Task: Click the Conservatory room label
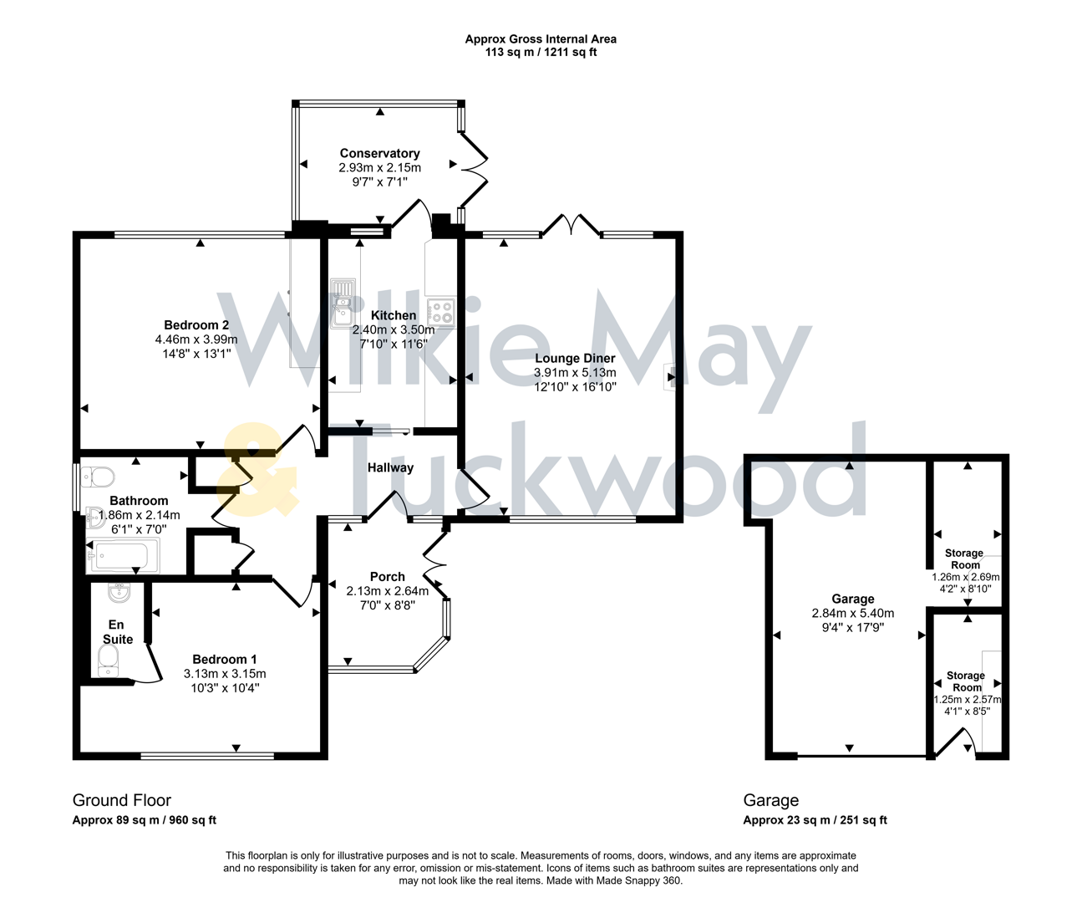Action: (379, 153)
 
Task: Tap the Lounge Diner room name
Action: (575, 358)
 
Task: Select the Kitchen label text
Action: (394, 315)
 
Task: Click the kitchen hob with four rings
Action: (440, 314)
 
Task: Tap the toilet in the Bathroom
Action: (99, 477)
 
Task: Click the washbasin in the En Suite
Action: (119, 593)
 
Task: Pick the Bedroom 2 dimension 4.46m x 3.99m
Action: (196, 339)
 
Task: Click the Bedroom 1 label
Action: (225, 659)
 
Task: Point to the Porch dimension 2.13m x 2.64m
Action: (388, 591)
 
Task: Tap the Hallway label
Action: (390, 467)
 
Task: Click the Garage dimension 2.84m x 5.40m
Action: (852, 613)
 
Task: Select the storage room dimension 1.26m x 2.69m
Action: (966, 577)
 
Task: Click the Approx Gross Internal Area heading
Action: (541, 39)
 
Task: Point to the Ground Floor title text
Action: (122, 800)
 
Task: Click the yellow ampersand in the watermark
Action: (257, 470)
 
